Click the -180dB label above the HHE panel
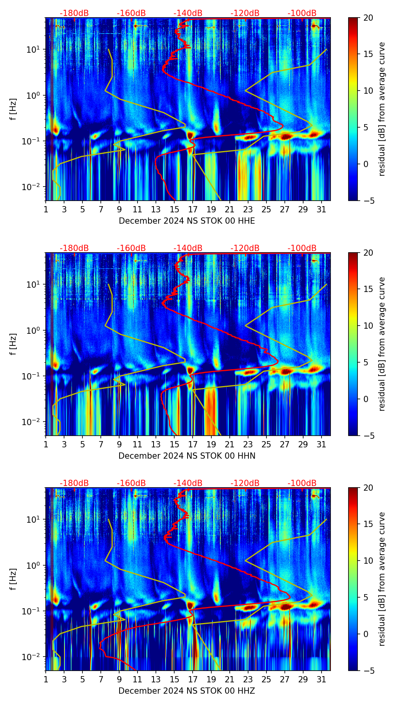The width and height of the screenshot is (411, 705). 74,13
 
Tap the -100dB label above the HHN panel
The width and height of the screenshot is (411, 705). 302,248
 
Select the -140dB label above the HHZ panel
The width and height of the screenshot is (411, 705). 188,483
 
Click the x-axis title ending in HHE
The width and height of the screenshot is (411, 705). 187,221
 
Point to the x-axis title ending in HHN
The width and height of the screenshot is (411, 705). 187,456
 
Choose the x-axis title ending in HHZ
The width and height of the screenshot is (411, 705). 187,691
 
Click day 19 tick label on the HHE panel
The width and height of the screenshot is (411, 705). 211,209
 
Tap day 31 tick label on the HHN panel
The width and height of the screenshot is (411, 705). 321,444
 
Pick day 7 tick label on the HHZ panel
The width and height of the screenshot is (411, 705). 101,679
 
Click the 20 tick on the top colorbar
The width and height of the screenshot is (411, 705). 368,18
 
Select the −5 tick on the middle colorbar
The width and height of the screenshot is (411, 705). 368,436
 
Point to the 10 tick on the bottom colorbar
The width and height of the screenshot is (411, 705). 368,561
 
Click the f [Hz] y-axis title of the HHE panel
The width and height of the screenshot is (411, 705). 14,109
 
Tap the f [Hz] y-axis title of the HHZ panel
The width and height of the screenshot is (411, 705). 14,579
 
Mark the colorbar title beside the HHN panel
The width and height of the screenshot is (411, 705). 382,344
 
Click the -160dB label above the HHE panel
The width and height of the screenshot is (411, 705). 131,13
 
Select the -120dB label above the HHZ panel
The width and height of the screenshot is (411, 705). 245,483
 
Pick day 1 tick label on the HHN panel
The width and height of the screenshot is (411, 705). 46,444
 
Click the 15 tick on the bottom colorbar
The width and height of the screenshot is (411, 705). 368,524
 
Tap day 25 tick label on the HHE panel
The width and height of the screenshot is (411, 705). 266,209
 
